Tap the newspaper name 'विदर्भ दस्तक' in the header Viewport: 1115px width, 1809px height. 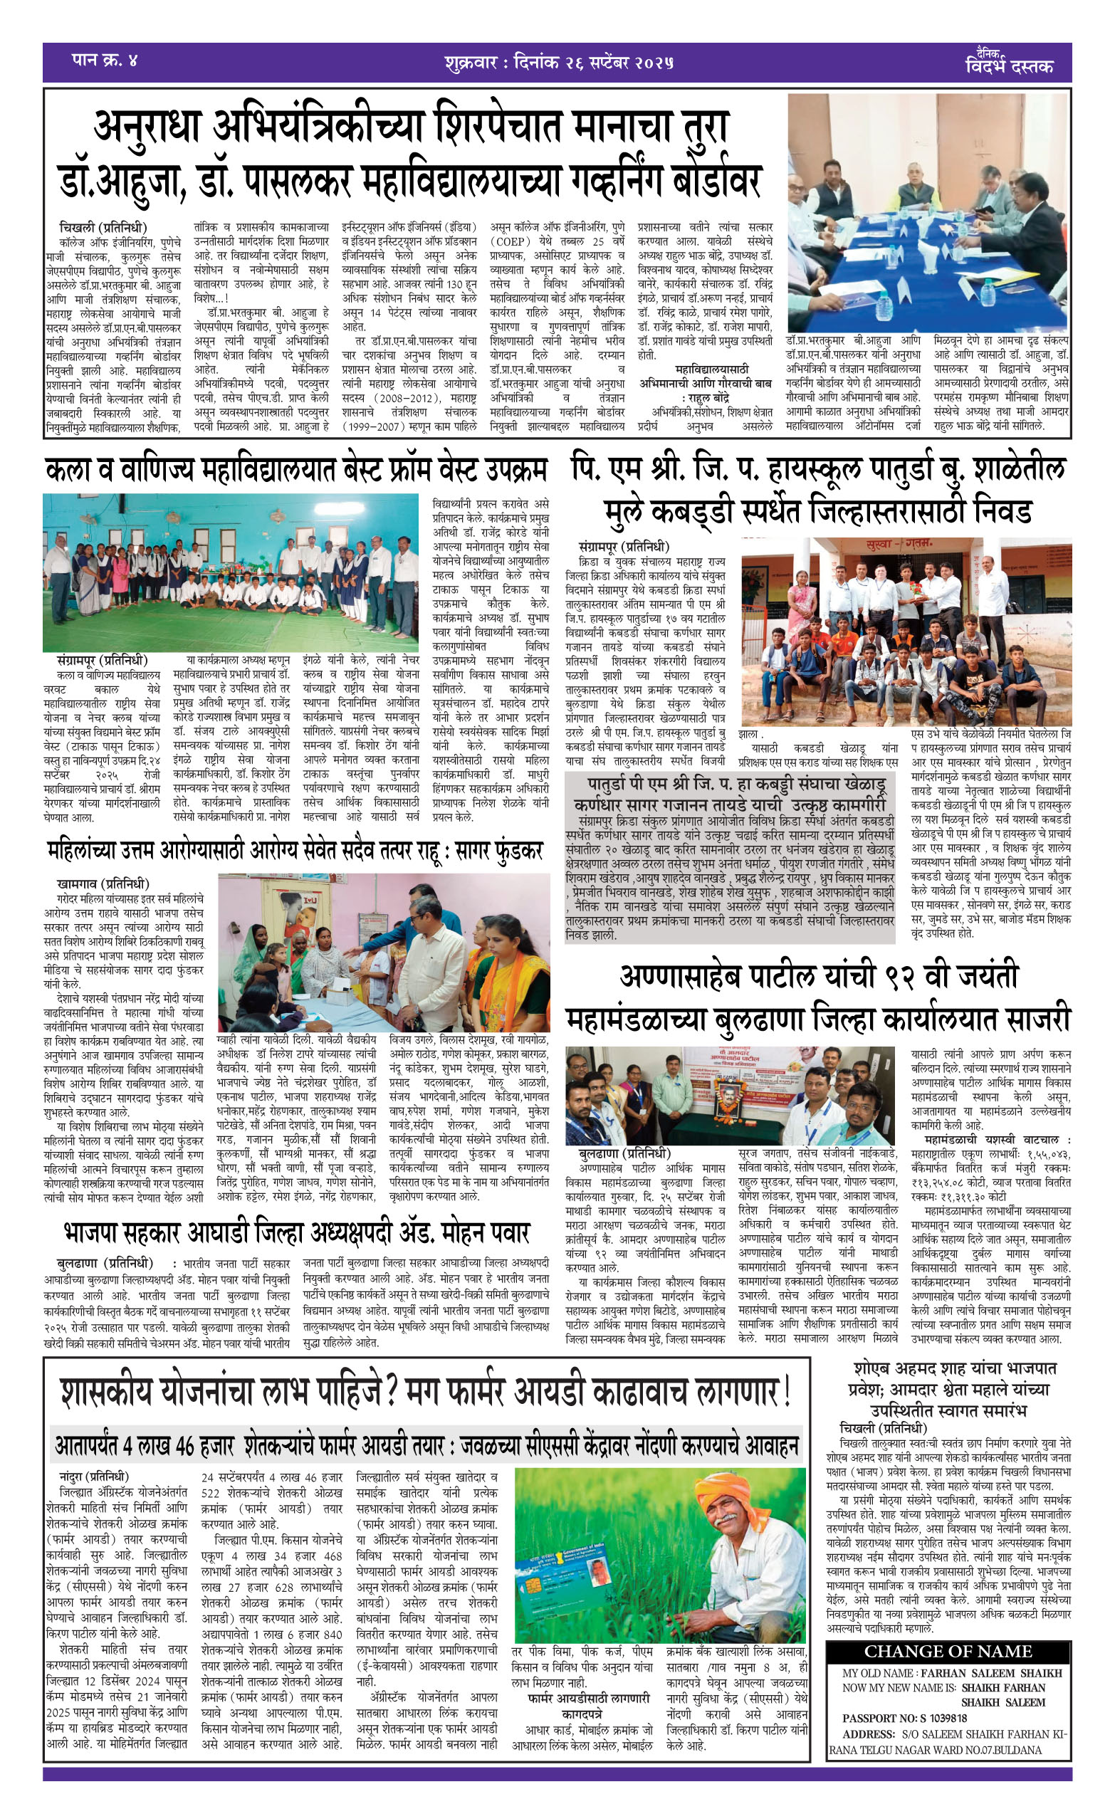1009,65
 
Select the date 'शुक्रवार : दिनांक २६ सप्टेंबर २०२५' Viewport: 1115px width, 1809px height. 558,62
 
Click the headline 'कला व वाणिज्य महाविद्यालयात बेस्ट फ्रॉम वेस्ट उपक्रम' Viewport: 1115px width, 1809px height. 296,471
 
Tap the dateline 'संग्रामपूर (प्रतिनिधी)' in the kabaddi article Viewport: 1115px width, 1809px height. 624,546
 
